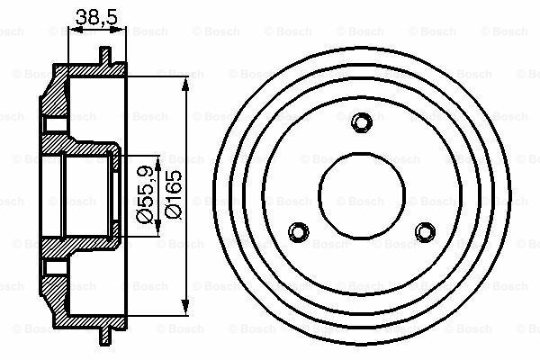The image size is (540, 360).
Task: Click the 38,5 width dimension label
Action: point(96,17)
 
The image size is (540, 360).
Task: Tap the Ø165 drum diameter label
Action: point(173,194)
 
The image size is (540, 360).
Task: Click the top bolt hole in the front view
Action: point(362,122)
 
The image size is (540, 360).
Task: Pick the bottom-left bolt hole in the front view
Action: point(298,232)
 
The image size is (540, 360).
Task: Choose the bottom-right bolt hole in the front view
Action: point(425,232)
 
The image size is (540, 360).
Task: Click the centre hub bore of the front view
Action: point(362,195)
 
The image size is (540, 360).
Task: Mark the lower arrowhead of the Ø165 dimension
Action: point(185,307)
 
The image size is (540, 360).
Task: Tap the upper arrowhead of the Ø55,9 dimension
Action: point(158,164)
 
